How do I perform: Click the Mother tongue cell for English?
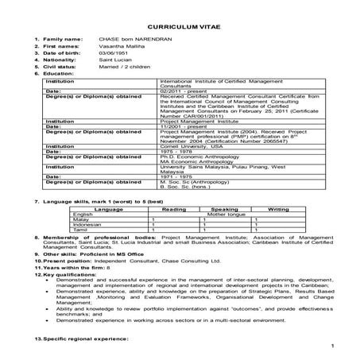point(226,214)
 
